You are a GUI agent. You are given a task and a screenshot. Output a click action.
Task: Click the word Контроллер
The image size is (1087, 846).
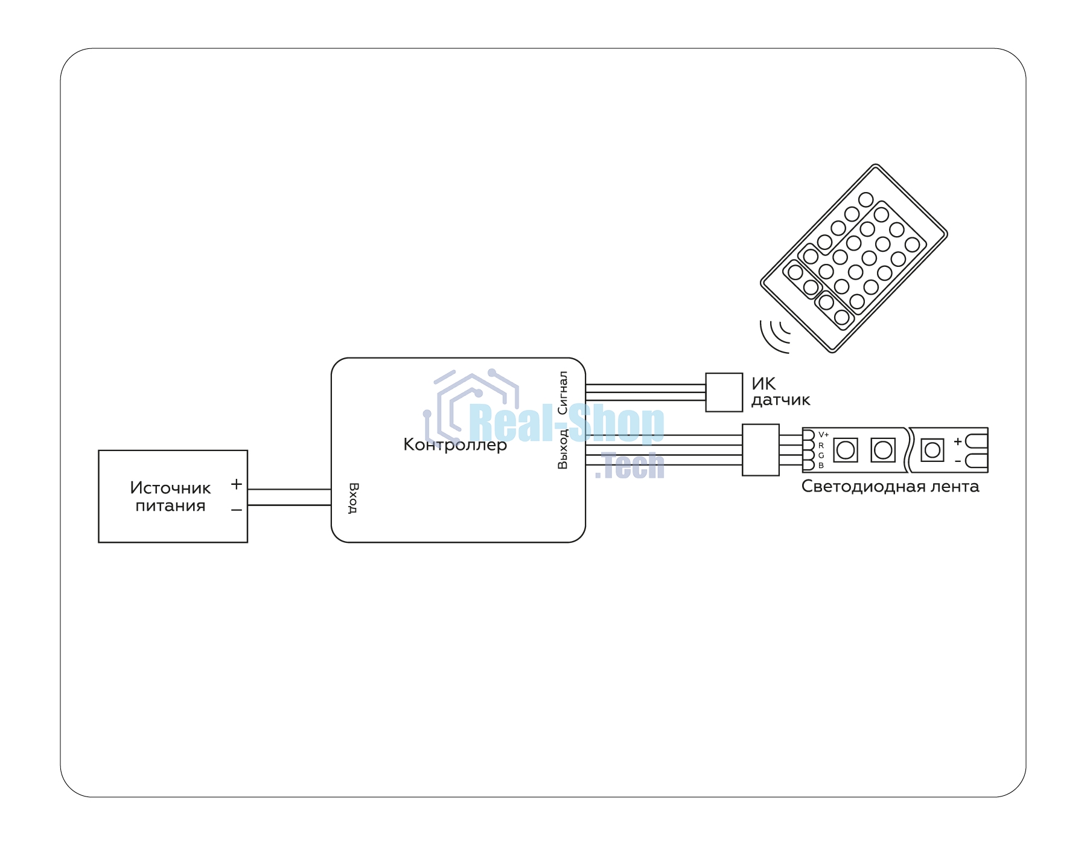click(455, 445)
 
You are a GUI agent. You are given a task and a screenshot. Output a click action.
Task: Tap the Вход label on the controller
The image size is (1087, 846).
click(354, 498)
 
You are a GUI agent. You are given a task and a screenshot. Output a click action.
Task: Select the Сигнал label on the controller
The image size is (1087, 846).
click(563, 393)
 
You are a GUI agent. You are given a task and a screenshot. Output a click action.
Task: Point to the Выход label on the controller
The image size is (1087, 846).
click(563, 449)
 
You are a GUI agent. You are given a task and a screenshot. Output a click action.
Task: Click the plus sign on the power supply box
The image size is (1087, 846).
click(237, 484)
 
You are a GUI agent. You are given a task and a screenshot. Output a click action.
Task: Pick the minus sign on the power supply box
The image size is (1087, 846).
click(237, 510)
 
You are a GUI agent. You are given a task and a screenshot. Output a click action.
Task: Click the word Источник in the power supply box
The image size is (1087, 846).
click(170, 488)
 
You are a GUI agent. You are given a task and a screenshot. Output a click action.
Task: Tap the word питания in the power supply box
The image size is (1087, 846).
click(170, 506)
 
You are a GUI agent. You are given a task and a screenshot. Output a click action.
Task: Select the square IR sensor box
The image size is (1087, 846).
click(724, 393)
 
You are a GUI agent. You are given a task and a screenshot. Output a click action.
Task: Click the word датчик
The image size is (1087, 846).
click(781, 400)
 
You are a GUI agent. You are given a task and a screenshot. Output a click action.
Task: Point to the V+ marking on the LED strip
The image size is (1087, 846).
click(824, 435)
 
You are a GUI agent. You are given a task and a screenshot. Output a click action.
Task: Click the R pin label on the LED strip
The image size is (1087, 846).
click(821, 446)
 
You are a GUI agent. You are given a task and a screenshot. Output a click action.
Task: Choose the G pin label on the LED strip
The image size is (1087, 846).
click(821, 455)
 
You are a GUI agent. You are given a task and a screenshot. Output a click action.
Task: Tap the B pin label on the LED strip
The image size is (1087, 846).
click(821, 466)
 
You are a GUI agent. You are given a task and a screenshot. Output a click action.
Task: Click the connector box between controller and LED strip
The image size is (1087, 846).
click(760, 450)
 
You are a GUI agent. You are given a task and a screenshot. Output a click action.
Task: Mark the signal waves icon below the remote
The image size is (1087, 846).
click(774, 336)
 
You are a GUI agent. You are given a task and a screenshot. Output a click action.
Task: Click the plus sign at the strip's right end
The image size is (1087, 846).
click(958, 441)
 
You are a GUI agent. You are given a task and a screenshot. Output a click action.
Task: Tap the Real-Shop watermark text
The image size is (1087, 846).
click(566, 424)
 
